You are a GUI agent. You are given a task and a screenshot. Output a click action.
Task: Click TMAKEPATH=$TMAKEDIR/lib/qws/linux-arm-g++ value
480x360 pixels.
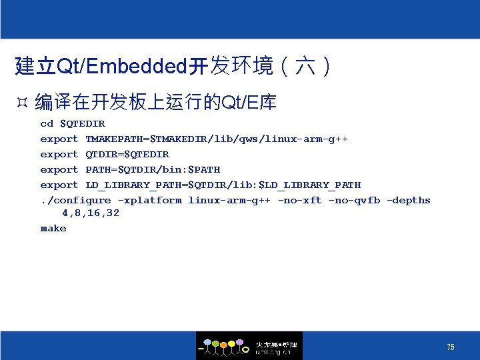(x=217, y=139)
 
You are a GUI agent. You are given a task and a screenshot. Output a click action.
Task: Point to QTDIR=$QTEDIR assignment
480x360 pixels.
(x=127, y=154)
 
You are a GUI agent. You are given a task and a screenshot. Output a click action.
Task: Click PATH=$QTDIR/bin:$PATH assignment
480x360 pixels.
(x=153, y=169)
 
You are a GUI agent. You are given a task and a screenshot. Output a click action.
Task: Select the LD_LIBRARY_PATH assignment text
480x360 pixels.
(x=223, y=185)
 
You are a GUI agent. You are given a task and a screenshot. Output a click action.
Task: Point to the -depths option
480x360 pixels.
(x=409, y=200)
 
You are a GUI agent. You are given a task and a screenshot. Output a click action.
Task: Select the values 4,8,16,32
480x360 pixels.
(x=91, y=213)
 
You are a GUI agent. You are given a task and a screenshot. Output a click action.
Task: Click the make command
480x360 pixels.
(x=53, y=228)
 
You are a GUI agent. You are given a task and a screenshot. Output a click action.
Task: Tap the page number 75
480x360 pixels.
(x=451, y=347)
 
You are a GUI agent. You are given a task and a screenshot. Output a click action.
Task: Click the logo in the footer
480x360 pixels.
(x=249, y=346)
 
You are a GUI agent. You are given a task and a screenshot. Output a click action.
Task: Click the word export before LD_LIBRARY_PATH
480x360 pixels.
(x=59, y=185)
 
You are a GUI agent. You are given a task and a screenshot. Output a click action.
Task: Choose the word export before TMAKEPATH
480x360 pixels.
(x=59, y=139)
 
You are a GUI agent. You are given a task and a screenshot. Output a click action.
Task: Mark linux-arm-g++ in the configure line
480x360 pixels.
(x=229, y=200)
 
